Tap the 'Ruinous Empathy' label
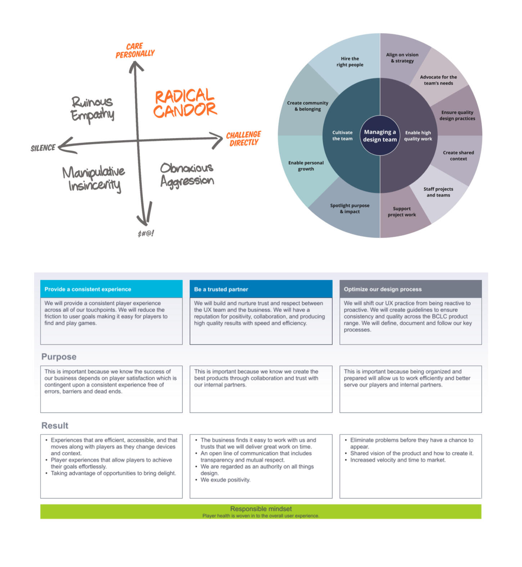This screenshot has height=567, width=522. [x=92, y=109]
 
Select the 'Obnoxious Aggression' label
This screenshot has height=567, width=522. [x=187, y=175]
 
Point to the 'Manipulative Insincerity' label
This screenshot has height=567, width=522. [x=94, y=179]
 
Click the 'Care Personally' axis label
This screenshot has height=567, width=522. [x=135, y=50]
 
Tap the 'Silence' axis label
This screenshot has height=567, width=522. [x=43, y=148]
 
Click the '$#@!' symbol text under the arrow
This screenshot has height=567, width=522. [x=146, y=233]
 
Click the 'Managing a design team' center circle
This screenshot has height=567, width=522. [x=380, y=136]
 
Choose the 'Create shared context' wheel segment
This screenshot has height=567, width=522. [x=458, y=156]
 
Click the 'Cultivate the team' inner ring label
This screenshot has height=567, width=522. [x=342, y=135]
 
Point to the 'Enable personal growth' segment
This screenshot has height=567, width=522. [x=306, y=166]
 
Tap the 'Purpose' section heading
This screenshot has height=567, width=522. [x=59, y=357]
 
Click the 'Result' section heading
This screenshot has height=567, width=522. [x=55, y=425]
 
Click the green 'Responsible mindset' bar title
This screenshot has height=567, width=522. [x=261, y=509]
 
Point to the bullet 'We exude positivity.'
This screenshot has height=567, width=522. [x=225, y=480]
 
